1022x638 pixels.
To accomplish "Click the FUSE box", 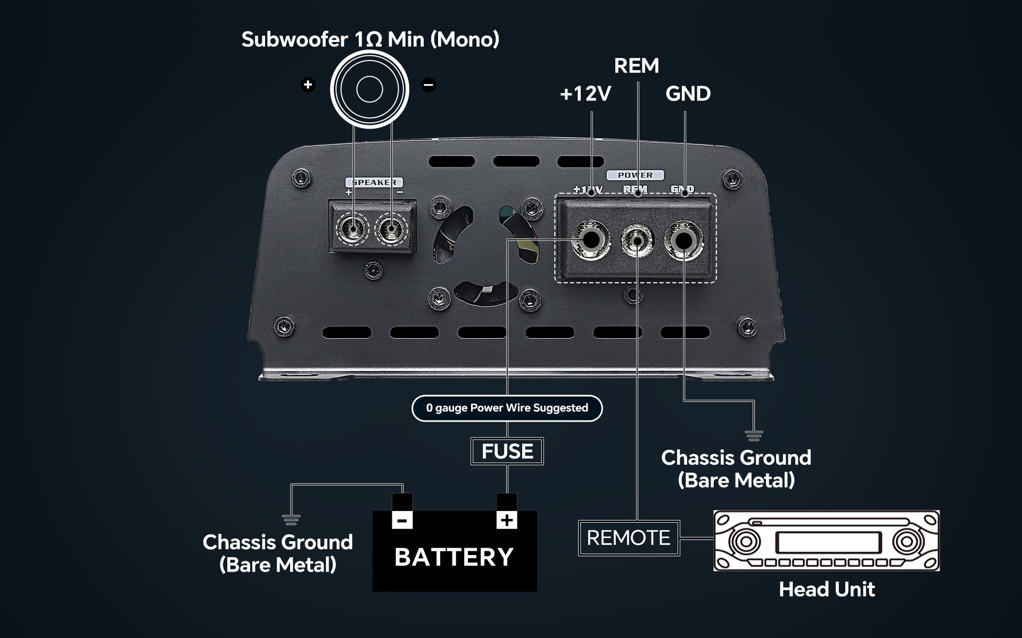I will click(507, 451).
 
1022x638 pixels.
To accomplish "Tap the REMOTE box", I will click(629, 538).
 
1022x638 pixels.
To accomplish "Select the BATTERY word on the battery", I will click(454, 557).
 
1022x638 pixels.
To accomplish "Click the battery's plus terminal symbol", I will click(506, 519).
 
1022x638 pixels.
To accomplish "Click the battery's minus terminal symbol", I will click(402, 519).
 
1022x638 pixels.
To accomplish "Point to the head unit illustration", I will click(826, 541).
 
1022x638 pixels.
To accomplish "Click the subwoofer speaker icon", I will click(369, 89).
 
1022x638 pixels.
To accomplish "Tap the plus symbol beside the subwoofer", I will click(308, 85).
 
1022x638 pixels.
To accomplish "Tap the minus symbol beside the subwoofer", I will click(428, 85).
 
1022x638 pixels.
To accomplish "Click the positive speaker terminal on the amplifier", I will click(353, 230).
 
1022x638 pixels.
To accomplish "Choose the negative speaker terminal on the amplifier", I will click(392, 230).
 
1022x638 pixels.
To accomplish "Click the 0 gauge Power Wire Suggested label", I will click(507, 408).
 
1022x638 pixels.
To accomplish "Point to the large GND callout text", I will click(688, 94).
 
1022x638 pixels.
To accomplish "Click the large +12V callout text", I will click(585, 94).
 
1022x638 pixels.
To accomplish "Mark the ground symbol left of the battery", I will click(291, 519).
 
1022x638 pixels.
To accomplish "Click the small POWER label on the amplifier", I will click(635, 175).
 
